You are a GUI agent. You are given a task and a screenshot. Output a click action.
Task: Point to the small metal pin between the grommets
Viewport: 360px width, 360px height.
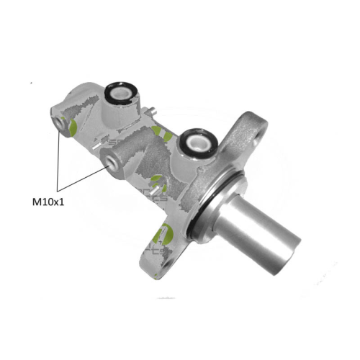[154, 110]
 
